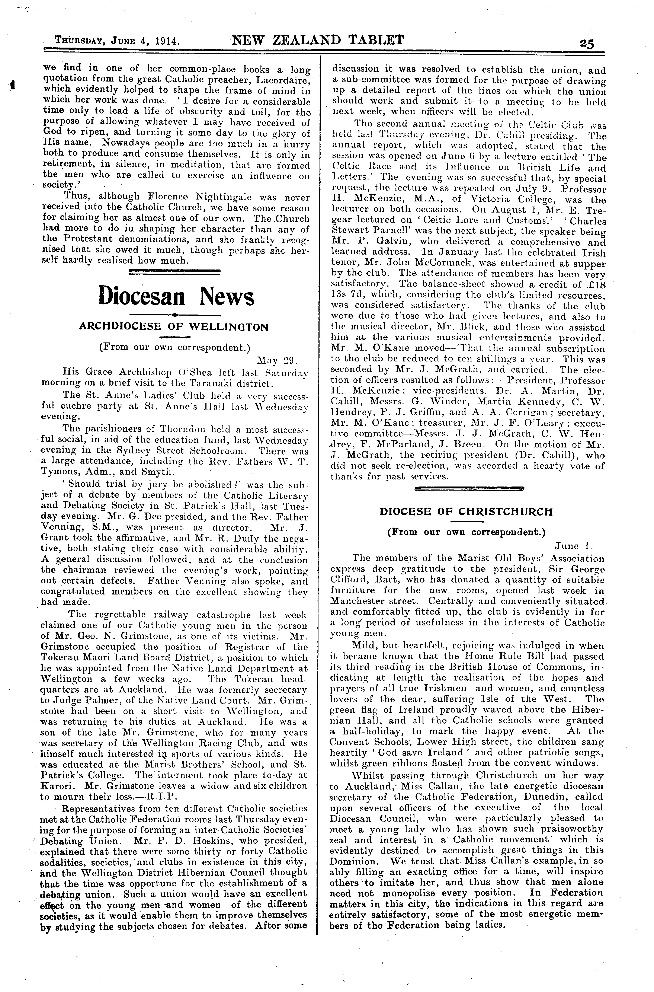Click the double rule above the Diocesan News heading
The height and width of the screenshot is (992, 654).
point(175,272)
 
